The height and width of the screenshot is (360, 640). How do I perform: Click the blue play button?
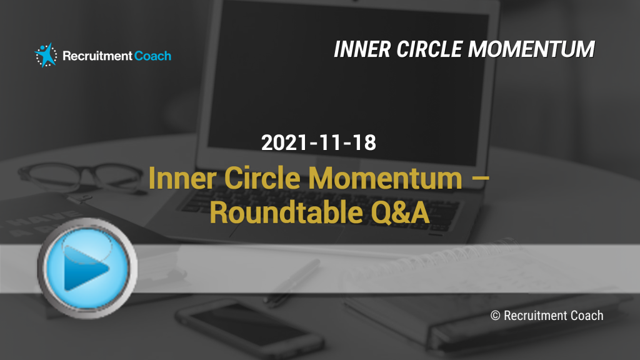click(x=87, y=268)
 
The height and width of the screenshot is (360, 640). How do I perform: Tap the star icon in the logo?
click(x=46, y=55)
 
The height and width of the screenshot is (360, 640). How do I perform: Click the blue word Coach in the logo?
click(x=152, y=56)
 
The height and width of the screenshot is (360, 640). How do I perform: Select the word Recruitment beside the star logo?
click(x=97, y=56)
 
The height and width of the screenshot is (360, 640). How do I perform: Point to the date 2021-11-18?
click(x=318, y=142)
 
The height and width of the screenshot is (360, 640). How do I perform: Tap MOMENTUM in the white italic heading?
click(x=531, y=49)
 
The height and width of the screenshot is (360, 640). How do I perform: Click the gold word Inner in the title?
click(x=182, y=178)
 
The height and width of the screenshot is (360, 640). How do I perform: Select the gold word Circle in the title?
click(x=262, y=178)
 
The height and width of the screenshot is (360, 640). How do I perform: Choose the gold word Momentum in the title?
click(x=385, y=178)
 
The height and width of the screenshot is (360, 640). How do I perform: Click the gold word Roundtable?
click(x=286, y=212)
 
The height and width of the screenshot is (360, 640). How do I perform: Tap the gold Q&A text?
click(x=400, y=212)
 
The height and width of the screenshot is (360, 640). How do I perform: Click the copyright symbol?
click(x=495, y=316)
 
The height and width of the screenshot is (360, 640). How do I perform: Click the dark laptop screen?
click(x=347, y=82)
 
